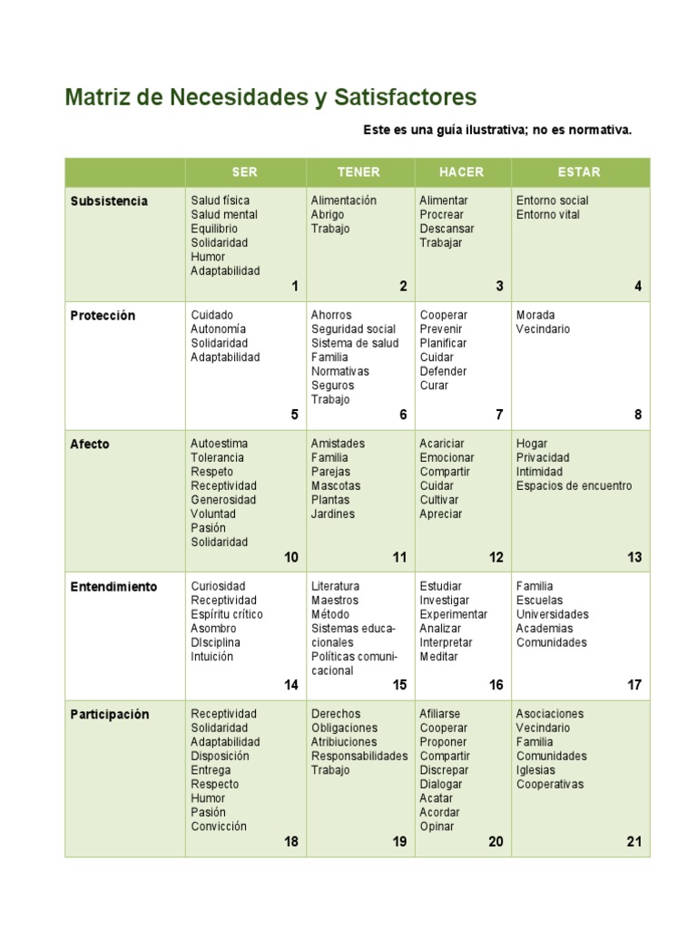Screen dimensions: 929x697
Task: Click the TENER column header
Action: (x=358, y=172)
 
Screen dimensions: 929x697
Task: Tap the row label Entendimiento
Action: (x=113, y=587)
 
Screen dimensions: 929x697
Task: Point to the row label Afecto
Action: (x=90, y=445)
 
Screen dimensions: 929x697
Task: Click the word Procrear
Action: (x=442, y=215)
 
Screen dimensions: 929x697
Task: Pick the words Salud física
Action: (x=221, y=200)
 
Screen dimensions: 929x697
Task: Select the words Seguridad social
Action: (x=353, y=329)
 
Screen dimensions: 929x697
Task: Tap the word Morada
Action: (x=535, y=316)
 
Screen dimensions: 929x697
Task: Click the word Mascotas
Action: (x=336, y=486)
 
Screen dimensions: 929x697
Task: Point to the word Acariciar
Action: (x=442, y=444)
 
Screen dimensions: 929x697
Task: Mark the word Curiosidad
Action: (x=218, y=587)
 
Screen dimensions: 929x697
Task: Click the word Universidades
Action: (x=553, y=615)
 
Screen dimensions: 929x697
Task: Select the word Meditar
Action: (x=439, y=657)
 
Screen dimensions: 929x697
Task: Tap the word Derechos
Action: (x=336, y=714)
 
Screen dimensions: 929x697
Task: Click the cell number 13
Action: (x=634, y=558)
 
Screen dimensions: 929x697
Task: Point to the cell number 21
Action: (x=634, y=842)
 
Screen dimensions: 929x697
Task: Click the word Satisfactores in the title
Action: (x=405, y=98)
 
